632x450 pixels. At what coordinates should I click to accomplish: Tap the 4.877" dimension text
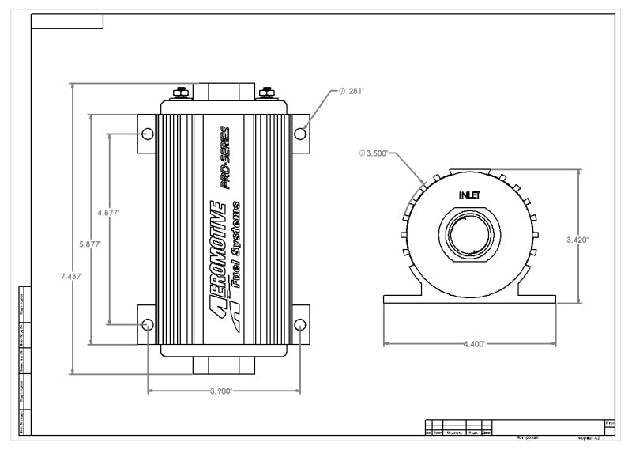coord(108,214)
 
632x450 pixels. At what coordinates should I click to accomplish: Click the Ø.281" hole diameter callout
coord(352,91)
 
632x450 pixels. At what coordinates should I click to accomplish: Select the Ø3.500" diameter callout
coord(373,153)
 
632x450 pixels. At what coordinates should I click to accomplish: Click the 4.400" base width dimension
coord(472,345)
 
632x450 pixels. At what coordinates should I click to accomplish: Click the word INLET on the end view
coord(470,195)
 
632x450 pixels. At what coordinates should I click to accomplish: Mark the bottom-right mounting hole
coord(300,325)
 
